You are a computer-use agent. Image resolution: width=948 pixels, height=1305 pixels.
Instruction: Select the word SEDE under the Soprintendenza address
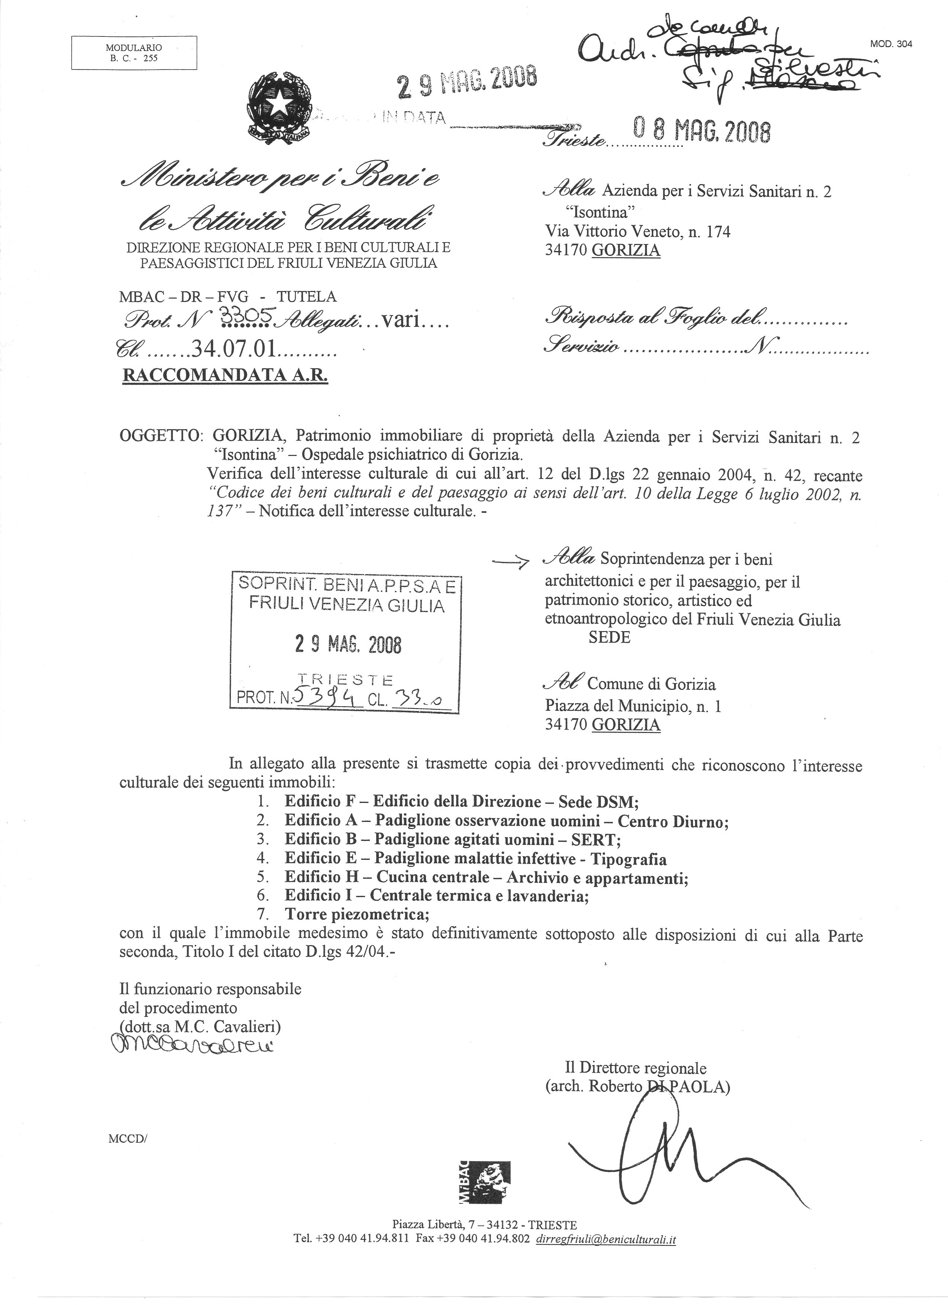[609, 637]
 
